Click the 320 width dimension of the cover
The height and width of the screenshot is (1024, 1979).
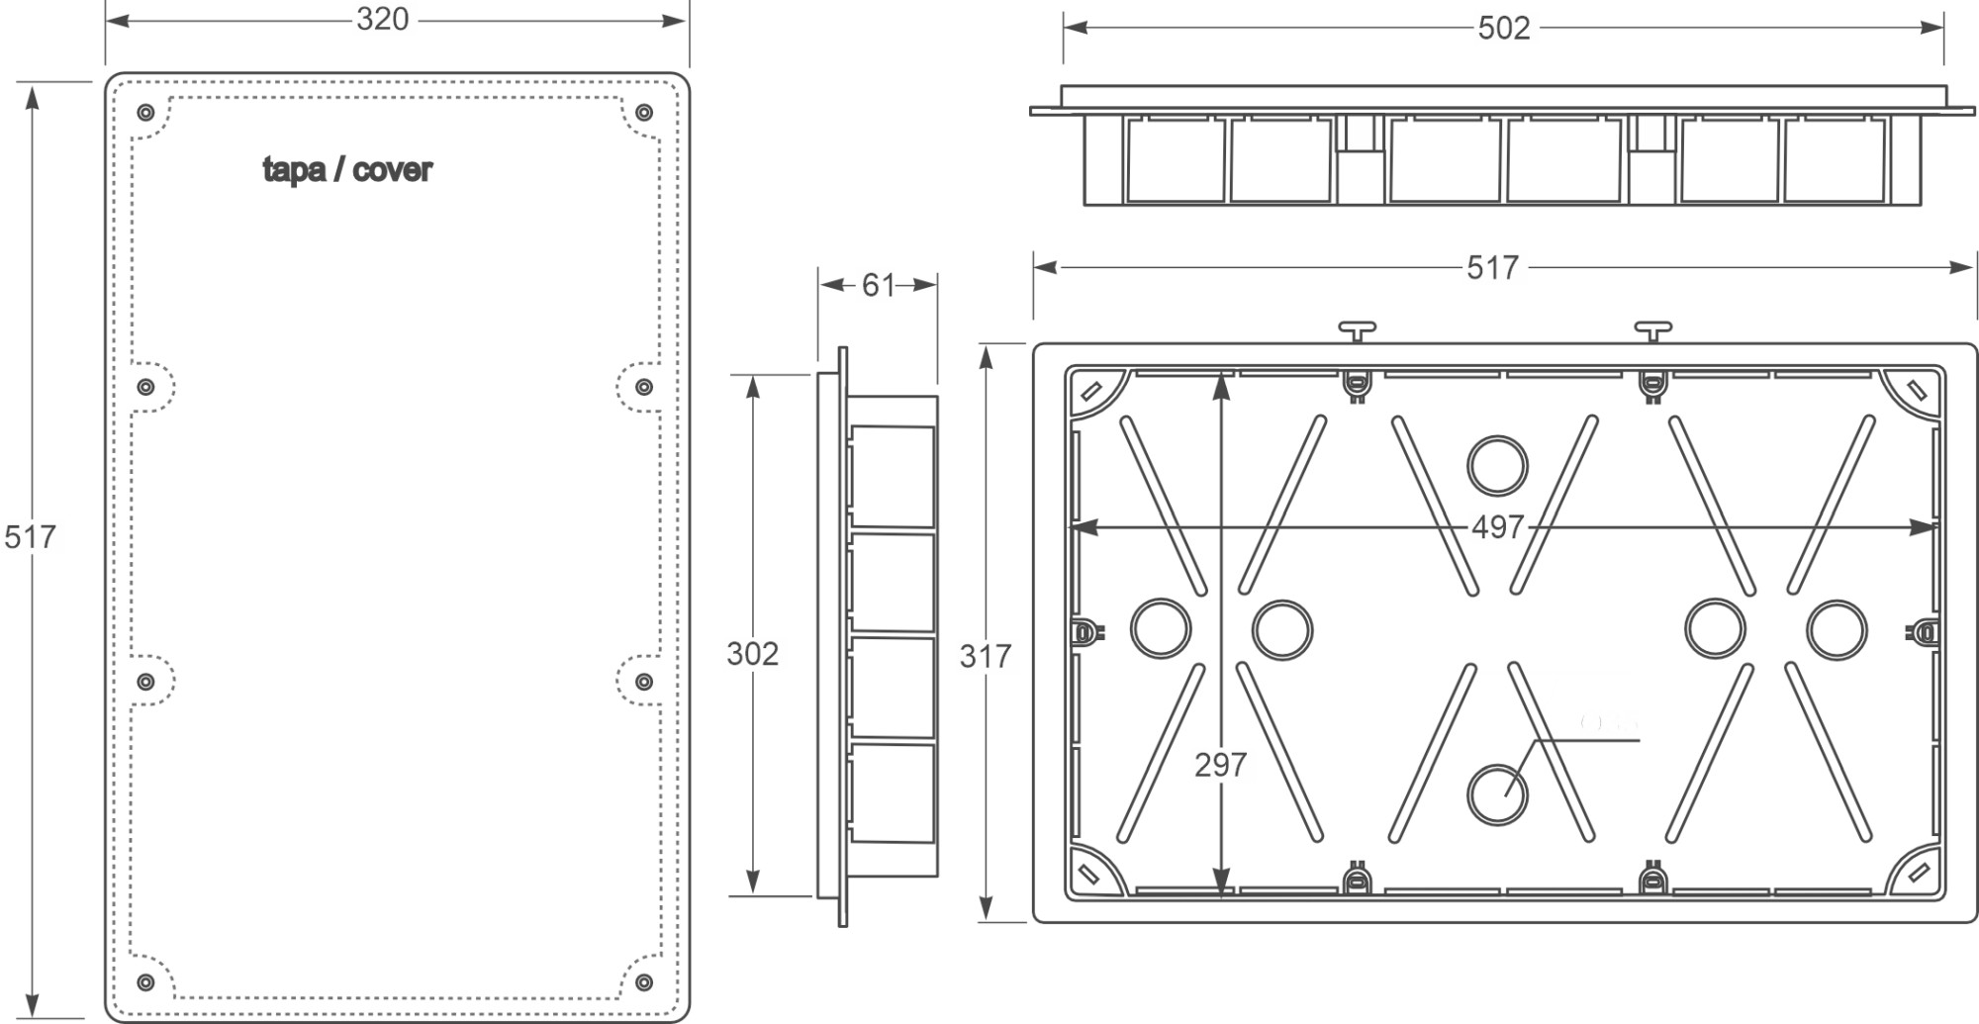[x=382, y=19]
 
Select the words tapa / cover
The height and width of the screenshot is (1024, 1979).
[x=347, y=170]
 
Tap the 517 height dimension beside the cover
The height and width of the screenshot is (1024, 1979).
[x=30, y=537]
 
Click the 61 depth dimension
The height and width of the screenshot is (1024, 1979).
[x=878, y=285]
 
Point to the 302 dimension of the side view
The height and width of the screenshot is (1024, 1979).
[x=752, y=653]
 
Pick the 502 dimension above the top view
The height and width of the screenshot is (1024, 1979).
[x=1503, y=28]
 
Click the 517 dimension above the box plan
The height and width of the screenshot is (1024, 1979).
[x=1492, y=267]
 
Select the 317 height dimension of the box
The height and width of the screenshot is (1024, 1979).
[x=985, y=655]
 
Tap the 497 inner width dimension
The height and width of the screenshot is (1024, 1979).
[x=1497, y=527]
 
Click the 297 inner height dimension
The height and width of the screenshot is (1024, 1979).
[x=1220, y=764]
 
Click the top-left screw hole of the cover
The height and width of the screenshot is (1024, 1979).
[x=145, y=112]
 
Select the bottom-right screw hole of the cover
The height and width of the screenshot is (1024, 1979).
[x=644, y=982]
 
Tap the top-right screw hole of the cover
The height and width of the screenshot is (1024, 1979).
[x=644, y=112]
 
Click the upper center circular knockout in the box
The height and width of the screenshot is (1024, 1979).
[x=1497, y=465]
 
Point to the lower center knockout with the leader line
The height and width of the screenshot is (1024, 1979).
[x=1497, y=794]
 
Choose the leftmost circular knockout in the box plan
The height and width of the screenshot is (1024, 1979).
[x=1160, y=628]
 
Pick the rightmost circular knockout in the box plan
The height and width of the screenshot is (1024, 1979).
[x=1837, y=628]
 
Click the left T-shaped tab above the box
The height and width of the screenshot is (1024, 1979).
[x=1357, y=329]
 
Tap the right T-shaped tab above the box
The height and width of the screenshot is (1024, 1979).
[x=1652, y=329]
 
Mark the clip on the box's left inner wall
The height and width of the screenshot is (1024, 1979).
[x=1085, y=631]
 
